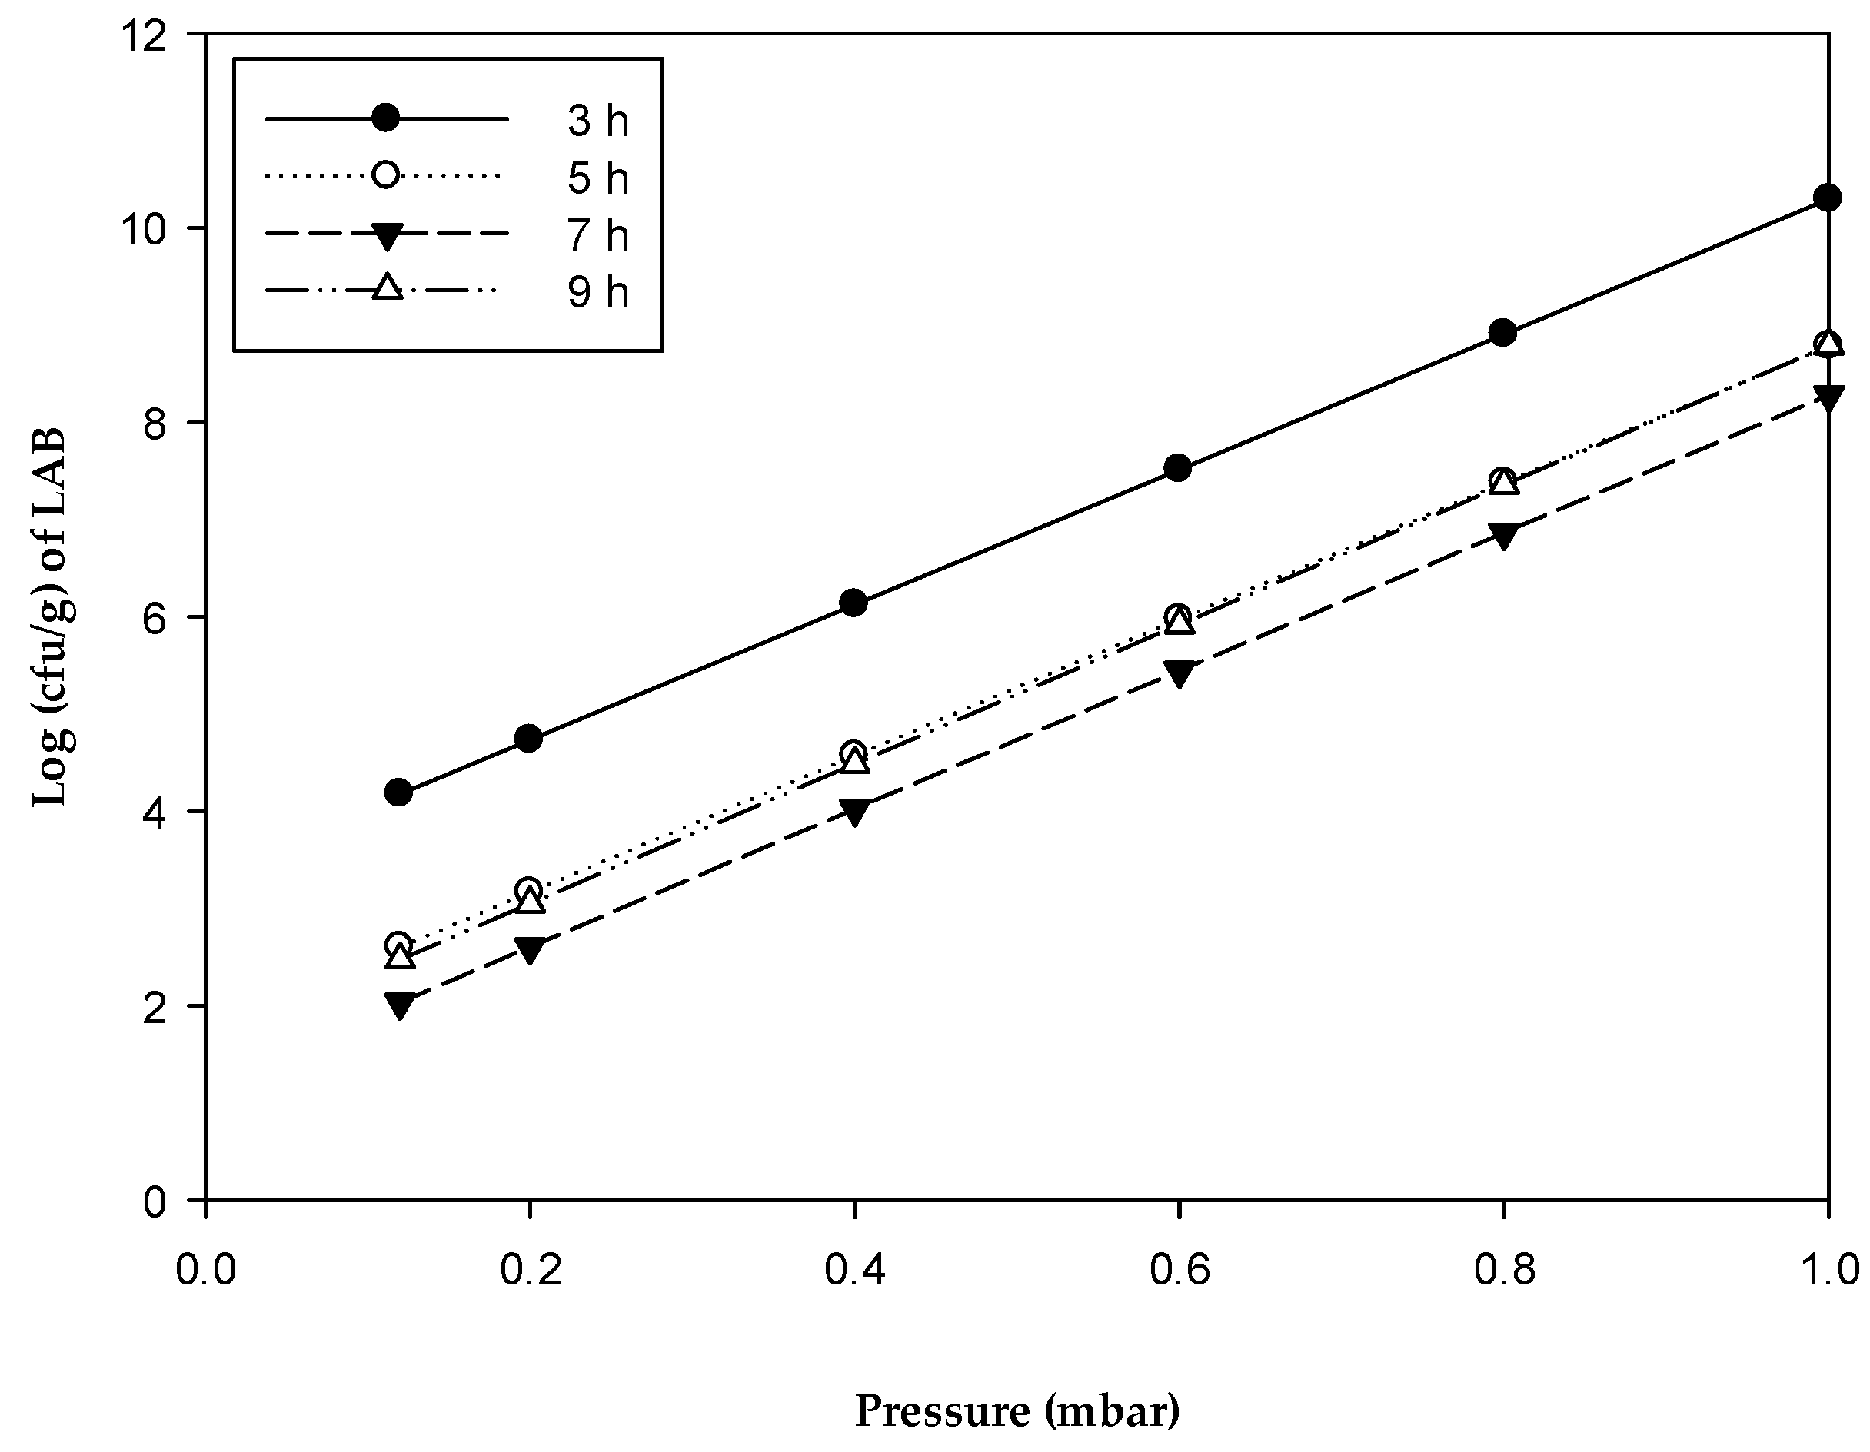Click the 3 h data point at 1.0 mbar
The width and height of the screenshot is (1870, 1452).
(x=1828, y=198)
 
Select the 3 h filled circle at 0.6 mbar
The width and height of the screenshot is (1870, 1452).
(x=1178, y=467)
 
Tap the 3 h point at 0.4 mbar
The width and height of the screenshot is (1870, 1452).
(x=853, y=603)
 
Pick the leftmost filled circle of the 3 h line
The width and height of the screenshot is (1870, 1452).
(x=398, y=792)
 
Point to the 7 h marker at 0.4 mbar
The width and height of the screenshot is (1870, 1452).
(x=853, y=812)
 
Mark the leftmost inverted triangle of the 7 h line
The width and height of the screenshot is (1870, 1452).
(x=398, y=1005)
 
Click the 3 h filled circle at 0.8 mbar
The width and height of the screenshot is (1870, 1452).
(x=1503, y=332)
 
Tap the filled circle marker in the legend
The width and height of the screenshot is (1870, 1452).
(x=386, y=118)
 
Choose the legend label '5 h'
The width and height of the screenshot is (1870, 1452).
(x=597, y=178)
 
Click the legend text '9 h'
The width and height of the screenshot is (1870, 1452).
(x=597, y=293)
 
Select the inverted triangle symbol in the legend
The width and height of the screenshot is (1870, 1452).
(x=386, y=235)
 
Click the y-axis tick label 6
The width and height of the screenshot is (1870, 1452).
(x=154, y=619)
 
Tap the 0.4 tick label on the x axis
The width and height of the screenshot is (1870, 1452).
(x=853, y=1271)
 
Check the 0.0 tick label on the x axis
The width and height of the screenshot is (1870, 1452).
(x=205, y=1271)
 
